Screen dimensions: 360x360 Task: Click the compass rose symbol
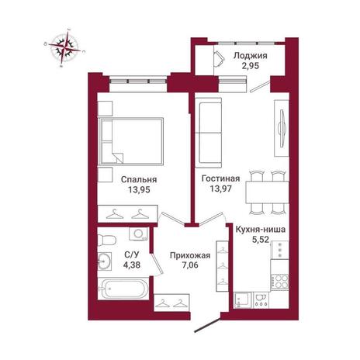(x=64, y=48)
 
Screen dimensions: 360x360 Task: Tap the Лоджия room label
(x=250, y=56)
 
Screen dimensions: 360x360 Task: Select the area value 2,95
(x=250, y=66)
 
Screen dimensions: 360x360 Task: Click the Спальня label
(x=139, y=180)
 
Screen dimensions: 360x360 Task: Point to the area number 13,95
(x=139, y=190)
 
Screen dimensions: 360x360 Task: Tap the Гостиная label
(x=220, y=178)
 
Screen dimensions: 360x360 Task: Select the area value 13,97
(x=220, y=189)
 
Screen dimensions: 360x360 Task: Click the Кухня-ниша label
(x=261, y=230)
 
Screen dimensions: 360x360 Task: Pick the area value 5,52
(x=261, y=240)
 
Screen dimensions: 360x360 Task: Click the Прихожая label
(x=190, y=255)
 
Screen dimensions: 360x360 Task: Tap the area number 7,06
(x=190, y=265)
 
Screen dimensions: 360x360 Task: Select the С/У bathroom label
(x=132, y=254)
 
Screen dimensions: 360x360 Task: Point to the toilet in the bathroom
(x=106, y=240)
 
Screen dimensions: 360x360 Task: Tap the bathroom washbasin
(x=105, y=261)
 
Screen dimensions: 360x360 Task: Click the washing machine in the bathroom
(x=139, y=234)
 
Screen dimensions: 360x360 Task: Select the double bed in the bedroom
(x=130, y=141)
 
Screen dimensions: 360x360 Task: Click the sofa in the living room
(x=209, y=133)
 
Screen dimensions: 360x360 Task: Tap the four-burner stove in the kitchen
(x=279, y=282)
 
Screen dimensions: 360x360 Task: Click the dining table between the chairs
(x=267, y=192)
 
